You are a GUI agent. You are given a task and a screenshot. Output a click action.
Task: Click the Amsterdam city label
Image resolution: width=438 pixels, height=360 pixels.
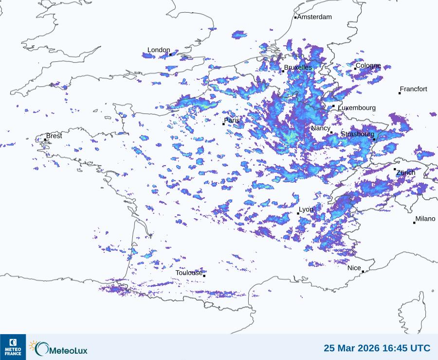click(x=314, y=17)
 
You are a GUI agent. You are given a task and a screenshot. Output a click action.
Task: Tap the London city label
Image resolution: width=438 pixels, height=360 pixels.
click(x=159, y=50)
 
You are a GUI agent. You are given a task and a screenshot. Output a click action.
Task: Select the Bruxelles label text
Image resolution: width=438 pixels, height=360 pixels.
click(x=298, y=68)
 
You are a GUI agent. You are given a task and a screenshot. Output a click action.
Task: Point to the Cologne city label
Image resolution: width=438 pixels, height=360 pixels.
click(x=368, y=66)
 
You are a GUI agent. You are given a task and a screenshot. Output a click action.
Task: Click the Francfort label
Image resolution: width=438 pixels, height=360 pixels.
click(x=413, y=89)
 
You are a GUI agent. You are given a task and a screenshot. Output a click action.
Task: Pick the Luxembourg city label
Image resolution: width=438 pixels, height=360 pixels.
click(x=357, y=108)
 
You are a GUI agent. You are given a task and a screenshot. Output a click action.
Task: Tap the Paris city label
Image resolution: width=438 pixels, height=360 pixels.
click(x=232, y=120)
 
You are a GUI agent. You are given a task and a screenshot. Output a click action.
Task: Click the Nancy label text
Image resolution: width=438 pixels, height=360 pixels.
click(x=320, y=128)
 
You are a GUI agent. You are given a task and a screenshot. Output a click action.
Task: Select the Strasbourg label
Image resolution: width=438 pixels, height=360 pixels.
click(x=357, y=134)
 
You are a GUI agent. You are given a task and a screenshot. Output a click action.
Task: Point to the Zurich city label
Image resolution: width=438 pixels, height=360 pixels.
click(x=405, y=173)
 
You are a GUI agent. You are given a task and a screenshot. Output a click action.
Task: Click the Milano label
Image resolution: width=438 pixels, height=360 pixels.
click(x=425, y=219)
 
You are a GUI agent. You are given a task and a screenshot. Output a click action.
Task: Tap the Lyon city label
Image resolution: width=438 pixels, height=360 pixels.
click(x=306, y=209)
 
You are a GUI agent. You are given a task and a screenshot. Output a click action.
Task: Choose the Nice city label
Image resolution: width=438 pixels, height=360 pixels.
click(x=354, y=268)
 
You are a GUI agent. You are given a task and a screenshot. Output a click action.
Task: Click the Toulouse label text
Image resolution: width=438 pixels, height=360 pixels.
click(x=189, y=273)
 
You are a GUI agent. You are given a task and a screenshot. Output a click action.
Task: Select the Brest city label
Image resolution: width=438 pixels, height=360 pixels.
click(x=54, y=136)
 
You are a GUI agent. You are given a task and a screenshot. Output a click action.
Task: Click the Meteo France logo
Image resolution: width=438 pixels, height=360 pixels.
click(x=13, y=347)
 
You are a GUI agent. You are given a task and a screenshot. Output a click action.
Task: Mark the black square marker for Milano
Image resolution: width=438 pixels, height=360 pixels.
click(x=414, y=223)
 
